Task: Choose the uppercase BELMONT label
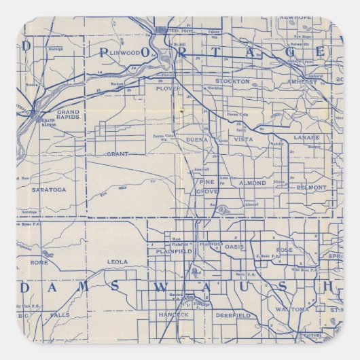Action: [311, 187]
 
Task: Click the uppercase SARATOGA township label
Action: [50, 190]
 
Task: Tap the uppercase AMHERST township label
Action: [302, 82]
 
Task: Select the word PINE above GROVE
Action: [206, 182]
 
